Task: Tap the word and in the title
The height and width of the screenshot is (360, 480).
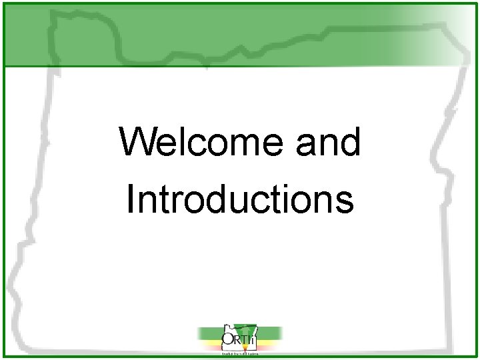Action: click(327, 143)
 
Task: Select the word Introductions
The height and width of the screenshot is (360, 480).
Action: click(239, 199)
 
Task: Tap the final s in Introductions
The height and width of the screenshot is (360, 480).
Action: click(345, 201)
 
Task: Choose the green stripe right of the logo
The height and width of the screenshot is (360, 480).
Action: click(270, 331)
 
